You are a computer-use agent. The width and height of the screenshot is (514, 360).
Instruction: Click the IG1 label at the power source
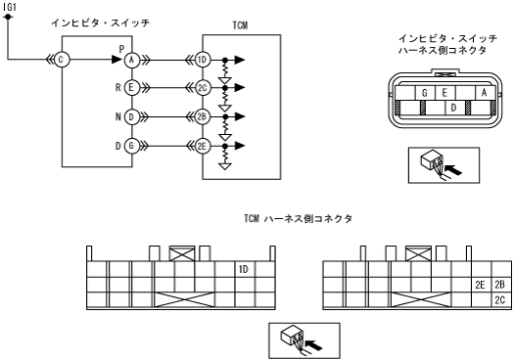9,7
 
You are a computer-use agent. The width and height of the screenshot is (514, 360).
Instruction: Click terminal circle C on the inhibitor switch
62,60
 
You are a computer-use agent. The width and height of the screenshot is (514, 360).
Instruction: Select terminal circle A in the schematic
132,60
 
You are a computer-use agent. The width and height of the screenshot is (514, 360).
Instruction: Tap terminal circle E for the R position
132,88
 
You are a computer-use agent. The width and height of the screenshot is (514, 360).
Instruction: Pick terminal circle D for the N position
132,117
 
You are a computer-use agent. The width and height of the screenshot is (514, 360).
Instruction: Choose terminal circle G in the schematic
132,146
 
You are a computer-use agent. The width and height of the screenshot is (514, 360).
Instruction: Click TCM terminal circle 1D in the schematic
203,60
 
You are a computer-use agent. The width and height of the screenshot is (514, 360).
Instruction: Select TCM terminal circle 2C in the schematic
203,88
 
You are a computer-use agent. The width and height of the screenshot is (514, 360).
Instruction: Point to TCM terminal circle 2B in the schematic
203,117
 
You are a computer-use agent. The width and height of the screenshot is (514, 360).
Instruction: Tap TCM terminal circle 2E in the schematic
203,146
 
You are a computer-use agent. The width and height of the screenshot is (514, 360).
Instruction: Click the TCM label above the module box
240,25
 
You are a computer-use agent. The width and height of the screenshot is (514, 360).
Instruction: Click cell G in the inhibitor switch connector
425,93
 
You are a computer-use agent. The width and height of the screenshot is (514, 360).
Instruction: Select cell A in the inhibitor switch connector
486,93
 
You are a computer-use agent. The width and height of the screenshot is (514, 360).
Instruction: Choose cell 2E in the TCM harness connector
482,285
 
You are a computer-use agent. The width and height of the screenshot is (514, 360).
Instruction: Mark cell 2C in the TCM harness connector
501,299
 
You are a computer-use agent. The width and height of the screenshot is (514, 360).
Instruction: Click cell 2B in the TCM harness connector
501,285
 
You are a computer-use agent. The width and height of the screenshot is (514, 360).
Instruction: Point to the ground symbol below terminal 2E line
225,166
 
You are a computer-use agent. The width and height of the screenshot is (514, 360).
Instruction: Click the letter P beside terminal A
122,49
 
